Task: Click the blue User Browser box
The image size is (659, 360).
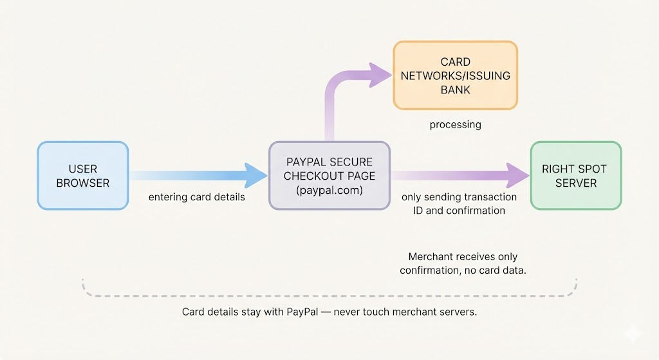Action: (82, 175)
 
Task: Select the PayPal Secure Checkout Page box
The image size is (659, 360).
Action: (329, 175)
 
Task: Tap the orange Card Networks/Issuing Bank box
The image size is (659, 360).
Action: (455, 75)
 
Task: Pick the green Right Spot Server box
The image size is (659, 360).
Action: (575, 175)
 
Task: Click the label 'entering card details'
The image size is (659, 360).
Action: (197, 197)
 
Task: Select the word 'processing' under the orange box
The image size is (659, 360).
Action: (455, 124)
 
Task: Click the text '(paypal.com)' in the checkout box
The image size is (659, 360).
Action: (329, 190)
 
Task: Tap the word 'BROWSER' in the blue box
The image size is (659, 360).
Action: (82, 183)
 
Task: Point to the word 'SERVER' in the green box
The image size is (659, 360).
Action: (575, 183)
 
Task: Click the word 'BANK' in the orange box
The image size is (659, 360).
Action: (455, 90)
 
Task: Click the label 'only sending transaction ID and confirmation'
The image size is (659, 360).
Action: (459, 204)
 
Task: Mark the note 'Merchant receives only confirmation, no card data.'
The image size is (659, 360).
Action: (463, 263)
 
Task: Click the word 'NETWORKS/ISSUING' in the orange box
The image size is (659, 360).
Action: (455, 75)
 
